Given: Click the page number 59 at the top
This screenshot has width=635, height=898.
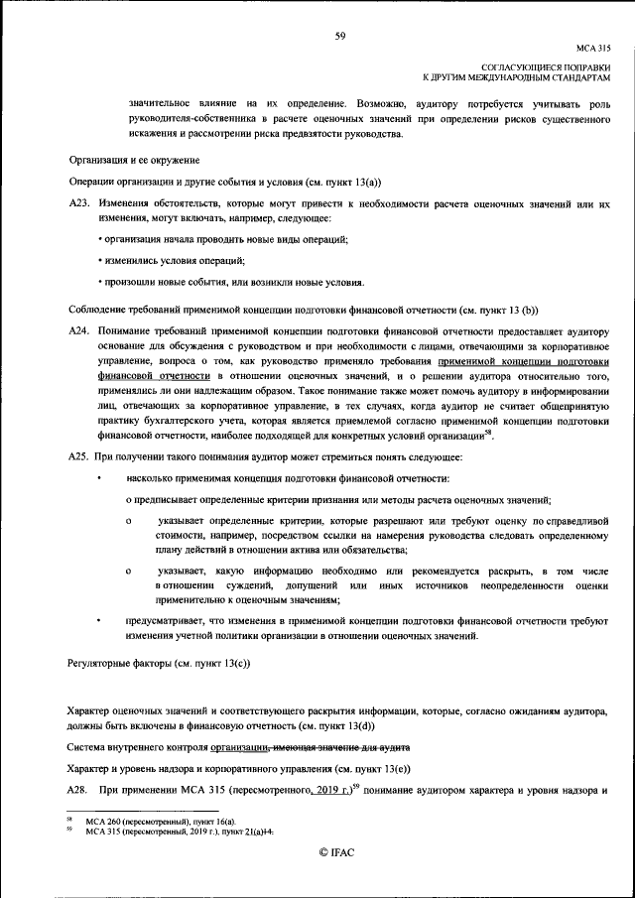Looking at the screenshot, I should tap(339, 36).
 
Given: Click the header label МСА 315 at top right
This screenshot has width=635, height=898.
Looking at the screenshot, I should tap(593, 48).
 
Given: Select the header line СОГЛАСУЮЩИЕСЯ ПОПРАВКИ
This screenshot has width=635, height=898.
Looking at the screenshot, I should tap(552, 65).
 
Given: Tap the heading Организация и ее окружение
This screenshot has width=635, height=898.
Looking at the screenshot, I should tap(134, 160).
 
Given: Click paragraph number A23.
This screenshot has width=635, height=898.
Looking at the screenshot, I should tap(79, 202).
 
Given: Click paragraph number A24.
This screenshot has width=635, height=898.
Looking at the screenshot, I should tap(79, 329).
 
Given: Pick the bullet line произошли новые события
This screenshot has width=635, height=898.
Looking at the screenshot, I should tap(218, 282).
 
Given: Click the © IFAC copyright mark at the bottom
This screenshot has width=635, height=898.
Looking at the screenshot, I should tap(339, 853).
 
